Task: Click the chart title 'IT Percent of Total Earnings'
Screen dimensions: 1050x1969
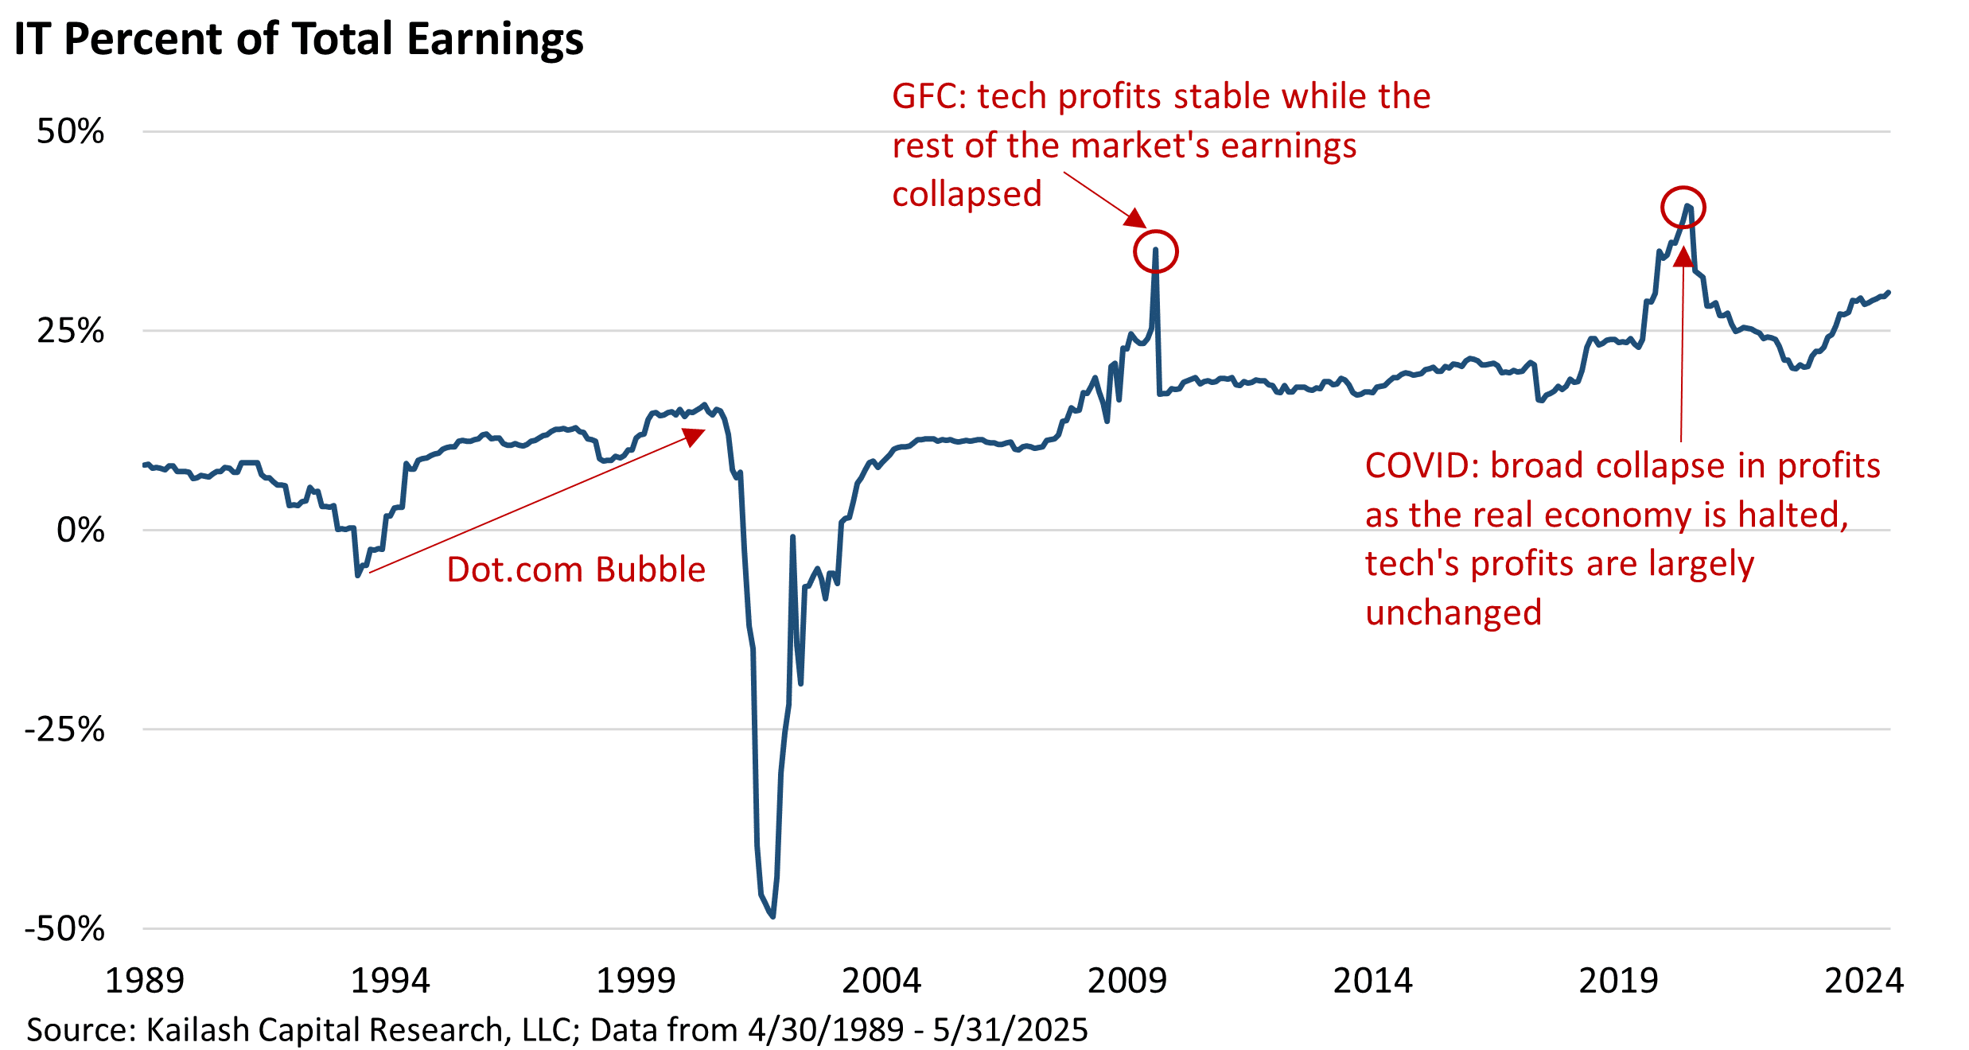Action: pos(298,38)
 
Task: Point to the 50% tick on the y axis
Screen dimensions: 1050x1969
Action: pos(71,131)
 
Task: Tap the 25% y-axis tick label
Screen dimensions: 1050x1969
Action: pos(71,330)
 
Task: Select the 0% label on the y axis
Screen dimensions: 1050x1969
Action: pos(80,530)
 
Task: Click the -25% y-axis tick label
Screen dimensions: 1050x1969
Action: pos(64,729)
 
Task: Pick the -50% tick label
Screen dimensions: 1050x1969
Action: pos(64,928)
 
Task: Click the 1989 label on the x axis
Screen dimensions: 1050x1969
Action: pos(145,981)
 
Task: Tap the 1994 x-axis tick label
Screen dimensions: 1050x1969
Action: pos(390,981)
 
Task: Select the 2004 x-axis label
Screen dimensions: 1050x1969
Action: pos(881,981)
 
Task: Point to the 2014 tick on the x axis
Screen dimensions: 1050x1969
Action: pos(1372,981)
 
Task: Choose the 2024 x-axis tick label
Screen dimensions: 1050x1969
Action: pos(1863,981)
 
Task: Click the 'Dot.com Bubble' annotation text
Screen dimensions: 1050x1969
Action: pos(576,570)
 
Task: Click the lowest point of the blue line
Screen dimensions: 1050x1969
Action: pos(773,916)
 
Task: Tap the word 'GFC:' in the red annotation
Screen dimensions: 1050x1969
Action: pos(928,96)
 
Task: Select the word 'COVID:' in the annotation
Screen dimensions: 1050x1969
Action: pos(1422,466)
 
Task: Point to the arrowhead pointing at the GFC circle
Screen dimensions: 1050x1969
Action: pos(1137,219)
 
